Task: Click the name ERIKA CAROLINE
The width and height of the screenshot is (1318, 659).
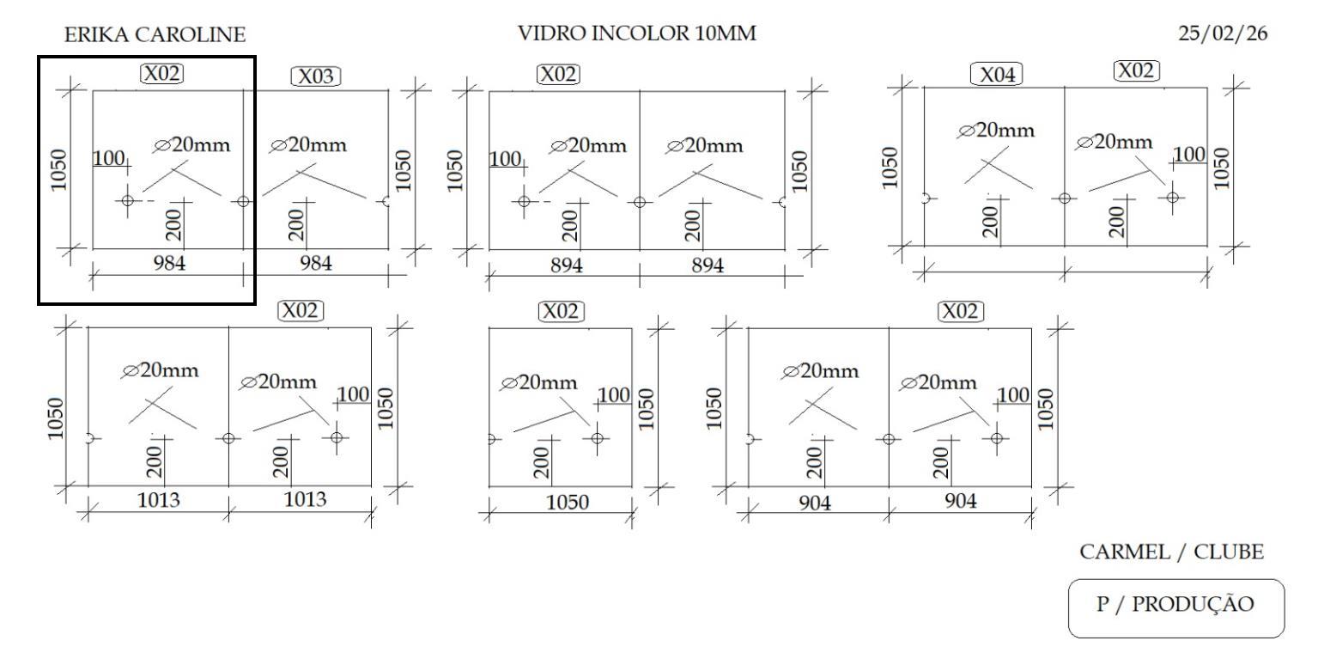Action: [155, 35]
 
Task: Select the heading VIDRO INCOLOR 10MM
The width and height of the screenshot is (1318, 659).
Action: [636, 34]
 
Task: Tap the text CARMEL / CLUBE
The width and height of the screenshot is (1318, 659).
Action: [1172, 552]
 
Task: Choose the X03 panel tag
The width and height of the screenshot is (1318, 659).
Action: [315, 76]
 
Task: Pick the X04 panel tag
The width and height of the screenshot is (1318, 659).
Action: [996, 76]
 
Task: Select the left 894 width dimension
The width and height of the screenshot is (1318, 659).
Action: [566, 265]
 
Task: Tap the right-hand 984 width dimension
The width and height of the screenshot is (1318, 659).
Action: [315, 264]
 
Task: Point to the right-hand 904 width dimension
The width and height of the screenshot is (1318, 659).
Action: [960, 502]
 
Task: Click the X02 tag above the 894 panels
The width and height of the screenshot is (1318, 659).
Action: [558, 75]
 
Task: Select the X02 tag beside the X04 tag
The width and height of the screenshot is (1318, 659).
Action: [1136, 71]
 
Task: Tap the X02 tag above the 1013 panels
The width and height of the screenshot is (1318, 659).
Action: [301, 310]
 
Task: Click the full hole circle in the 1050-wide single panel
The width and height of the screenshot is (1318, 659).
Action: [597, 438]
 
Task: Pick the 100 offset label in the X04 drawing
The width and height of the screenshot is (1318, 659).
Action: [1189, 155]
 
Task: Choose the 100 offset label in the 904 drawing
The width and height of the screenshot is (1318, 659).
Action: [1013, 394]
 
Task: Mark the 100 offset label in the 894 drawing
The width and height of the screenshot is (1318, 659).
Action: [505, 159]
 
